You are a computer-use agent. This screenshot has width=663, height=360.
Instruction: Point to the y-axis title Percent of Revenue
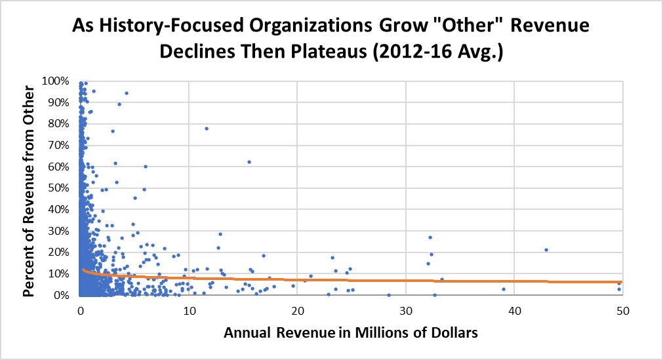(30, 188)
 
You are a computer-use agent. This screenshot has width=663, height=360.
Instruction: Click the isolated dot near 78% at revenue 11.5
(206, 129)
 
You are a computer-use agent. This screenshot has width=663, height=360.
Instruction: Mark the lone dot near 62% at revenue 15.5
(249, 162)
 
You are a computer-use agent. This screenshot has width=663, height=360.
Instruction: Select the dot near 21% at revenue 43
(546, 250)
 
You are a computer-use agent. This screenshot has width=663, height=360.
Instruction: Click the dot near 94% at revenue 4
(127, 93)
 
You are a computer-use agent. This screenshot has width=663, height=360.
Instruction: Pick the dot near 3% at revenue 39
(504, 289)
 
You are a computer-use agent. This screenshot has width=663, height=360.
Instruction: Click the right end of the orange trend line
(621, 282)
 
